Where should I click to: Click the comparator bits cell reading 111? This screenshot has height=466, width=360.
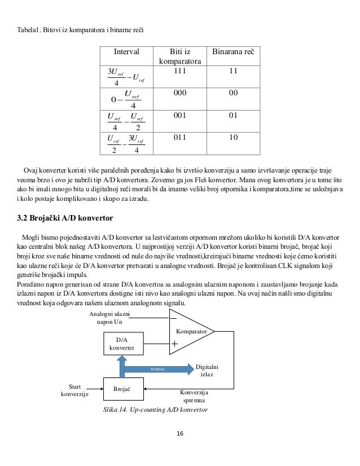coord(181,71)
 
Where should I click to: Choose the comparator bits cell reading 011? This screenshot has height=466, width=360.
coord(181,137)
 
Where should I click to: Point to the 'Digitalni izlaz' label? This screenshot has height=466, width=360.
coord(207,370)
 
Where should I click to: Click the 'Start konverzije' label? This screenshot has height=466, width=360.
coord(74,390)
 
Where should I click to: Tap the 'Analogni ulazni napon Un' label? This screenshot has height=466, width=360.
coord(109,317)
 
